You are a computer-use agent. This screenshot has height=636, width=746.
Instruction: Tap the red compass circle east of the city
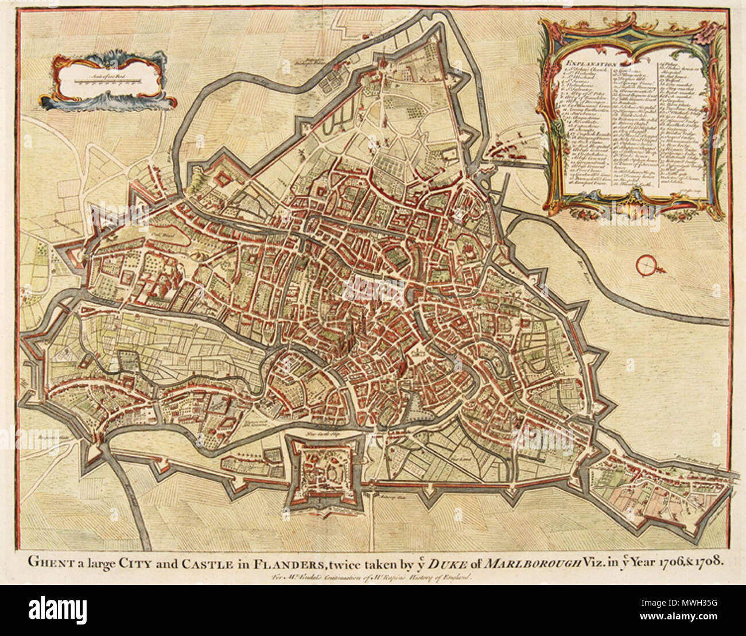646,265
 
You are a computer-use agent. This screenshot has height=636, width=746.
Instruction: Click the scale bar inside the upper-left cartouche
109,80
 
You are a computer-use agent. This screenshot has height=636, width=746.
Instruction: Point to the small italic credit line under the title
372,578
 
